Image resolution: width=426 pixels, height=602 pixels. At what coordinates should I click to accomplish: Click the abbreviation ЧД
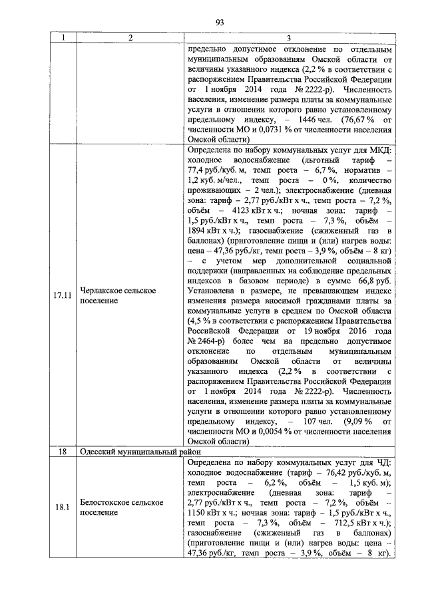pos(387,461)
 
